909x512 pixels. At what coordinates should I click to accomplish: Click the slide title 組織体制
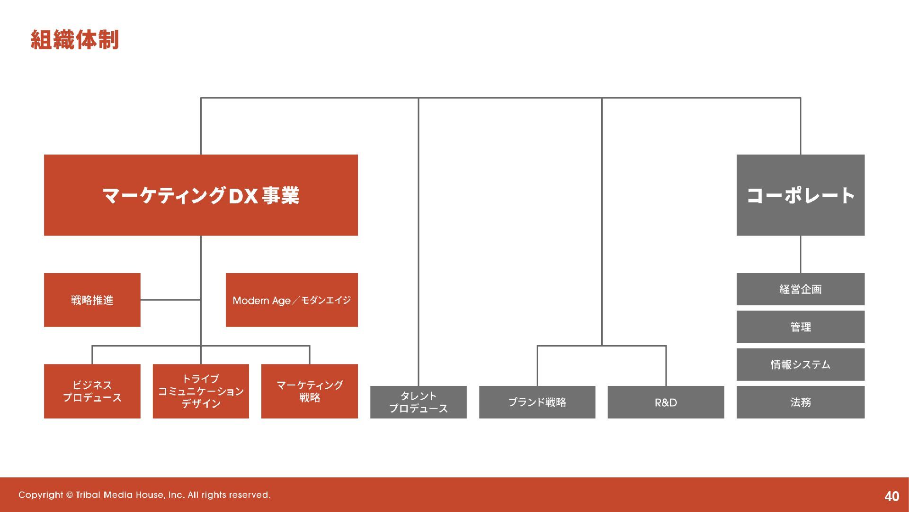click(x=74, y=40)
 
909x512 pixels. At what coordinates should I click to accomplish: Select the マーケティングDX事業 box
click(x=201, y=195)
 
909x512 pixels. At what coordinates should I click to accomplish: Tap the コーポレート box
click(x=800, y=195)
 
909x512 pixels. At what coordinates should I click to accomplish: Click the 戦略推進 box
click(x=92, y=300)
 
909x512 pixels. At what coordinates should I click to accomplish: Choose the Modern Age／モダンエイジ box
click(x=292, y=300)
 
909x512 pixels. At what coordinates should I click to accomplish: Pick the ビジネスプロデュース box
click(x=92, y=391)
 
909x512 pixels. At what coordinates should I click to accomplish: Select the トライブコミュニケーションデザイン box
click(x=201, y=391)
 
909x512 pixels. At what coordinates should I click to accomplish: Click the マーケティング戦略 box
click(x=309, y=391)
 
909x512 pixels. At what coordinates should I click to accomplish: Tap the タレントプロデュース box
click(x=418, y=402)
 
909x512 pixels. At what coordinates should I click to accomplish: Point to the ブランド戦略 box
click(x=537, y=402)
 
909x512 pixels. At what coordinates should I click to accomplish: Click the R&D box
click(x=666, y=402)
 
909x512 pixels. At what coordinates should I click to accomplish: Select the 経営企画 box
click(x=800, y=289)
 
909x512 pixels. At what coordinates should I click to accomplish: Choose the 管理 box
click(x=800, y=327)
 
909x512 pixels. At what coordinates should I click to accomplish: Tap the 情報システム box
click(x=800, y=364)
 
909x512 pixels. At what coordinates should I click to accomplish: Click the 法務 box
click(x=800, y=402)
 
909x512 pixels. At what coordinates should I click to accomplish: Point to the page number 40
click(x=891, y=496)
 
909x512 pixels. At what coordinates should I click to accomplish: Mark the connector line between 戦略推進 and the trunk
click(x=170, y=300)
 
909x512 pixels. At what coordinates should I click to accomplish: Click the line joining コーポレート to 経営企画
click(x=801, y=254)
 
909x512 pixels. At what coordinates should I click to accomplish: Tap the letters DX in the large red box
click(x=243, y=196)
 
